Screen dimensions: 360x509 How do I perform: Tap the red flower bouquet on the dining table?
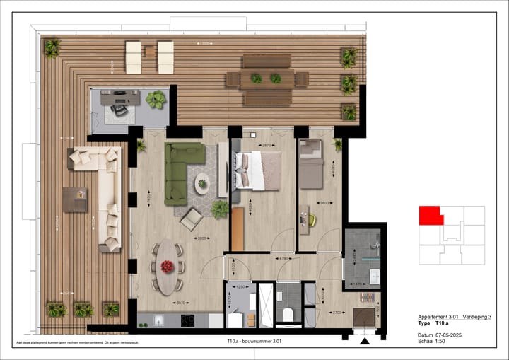168,266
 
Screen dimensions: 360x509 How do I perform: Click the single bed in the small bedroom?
310,164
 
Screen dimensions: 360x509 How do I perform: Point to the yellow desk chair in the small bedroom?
312,220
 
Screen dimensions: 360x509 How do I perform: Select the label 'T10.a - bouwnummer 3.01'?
255,342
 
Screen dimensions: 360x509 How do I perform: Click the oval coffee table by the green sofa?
203,183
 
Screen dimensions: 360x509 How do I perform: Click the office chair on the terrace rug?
119,109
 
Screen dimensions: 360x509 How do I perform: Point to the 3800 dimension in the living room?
201,238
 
